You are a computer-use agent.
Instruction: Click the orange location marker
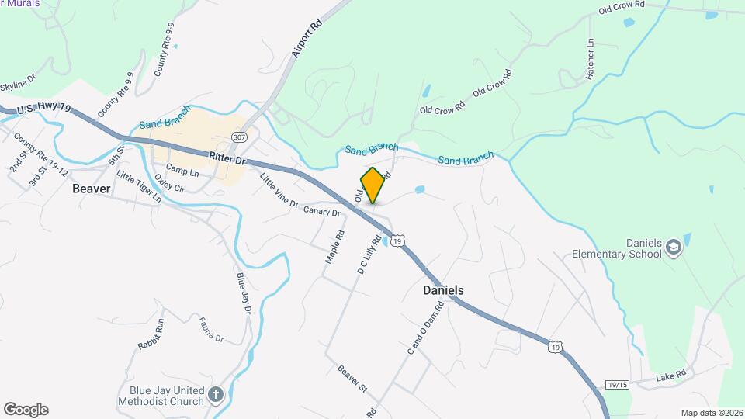coord(373,185)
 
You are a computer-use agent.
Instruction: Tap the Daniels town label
coord(443,290)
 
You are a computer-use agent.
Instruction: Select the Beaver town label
coord(92,189)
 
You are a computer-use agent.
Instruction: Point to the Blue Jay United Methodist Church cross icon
coord(216,395)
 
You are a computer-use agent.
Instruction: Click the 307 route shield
coord(239,137)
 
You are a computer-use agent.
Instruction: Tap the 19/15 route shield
coord(617,384)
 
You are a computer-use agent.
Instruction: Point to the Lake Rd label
coord(670,376)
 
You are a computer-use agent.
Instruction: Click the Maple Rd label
coord(334,247)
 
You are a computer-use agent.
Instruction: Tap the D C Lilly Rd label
coord(367,255)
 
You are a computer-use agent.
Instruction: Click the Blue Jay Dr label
coord(244,293)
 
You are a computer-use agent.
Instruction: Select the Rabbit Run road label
coord(151,333)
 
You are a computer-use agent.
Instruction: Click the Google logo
coord(26,410)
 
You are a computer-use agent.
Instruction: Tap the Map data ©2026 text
coord(710,413)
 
